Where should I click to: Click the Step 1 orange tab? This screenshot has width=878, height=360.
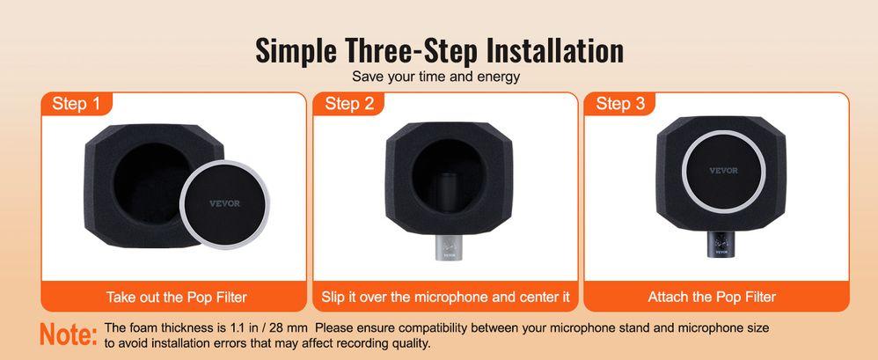(x=77, y=104)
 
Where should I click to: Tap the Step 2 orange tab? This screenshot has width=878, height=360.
(x=349, y=104)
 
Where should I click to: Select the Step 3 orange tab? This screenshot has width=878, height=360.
(x=620, y=104)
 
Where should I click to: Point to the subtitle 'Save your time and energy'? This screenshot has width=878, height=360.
(x=436, y=77)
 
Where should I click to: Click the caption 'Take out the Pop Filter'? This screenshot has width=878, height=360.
(x=177, y=297)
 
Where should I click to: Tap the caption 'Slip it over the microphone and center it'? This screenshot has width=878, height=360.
(x=446, y=297)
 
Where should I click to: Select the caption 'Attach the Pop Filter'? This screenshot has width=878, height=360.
(x=712, y=297)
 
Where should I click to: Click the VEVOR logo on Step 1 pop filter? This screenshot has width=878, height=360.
(x=224, y=203)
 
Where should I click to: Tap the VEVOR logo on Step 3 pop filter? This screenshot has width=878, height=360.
(x=723, y=170)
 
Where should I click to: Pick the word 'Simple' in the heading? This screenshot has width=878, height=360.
(x=296, y=52)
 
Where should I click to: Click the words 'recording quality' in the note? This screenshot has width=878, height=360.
(x=387, y=342)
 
